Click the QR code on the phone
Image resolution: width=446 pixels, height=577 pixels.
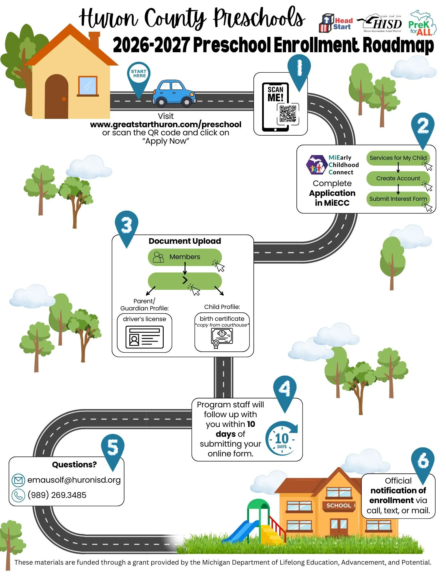pyautogui.click(x=288, y=114)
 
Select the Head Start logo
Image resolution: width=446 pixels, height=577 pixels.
pyautogui.click(x=336, y=23)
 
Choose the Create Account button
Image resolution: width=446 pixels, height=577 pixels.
pyautogui.click(x=398, y=179)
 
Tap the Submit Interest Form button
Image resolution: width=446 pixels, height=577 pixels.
pyautogui.click(x=398, y=199)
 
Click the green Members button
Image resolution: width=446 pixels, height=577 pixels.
pyautogui.click(x=184, y=257)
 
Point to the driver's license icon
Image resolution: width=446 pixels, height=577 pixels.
pyautogui.click(x=144, y=337)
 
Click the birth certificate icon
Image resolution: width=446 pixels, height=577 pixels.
pyautogui.click(x=222, y=338)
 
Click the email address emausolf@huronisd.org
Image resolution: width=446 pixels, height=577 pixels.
pyautogui.click(x=74, y=480)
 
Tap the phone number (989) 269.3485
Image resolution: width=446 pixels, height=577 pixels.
pyautogui.click(x=57, y=495)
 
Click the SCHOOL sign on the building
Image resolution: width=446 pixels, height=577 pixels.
pyautogui.click(x=339, y=505)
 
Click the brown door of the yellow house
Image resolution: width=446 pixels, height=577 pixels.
pyautogui.click(x=57, y=97)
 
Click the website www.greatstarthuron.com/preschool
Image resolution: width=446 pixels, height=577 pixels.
pyautogui.click(x=166, y=125)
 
